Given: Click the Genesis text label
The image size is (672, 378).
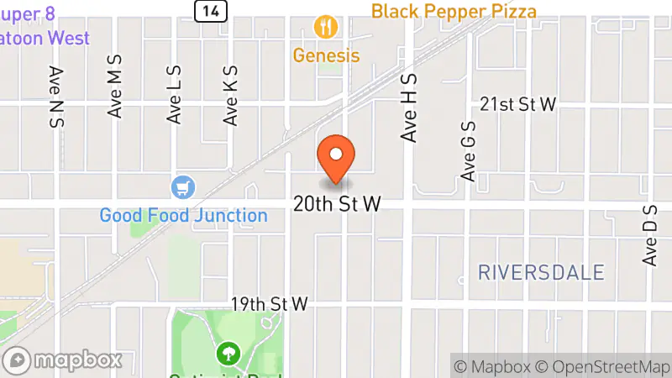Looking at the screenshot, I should click(x=326, y=56).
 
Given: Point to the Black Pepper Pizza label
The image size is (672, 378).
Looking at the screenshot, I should click(x=454, y=11).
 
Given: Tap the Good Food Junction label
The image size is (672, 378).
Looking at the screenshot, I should click(x=183, y=215).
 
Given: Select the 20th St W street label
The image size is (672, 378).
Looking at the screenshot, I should click(x=338, y=204).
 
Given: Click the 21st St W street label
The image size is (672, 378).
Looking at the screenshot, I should click(x=518, y=103).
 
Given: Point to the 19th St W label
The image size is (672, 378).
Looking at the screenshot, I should click(x=270, y=303).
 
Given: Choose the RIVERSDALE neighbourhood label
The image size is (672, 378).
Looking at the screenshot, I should click(x=541, y=272).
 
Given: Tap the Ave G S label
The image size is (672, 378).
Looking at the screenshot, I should click(x=469, y=150).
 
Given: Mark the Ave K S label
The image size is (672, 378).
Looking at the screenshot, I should click(x=231, y=97).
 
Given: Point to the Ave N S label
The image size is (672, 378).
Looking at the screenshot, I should click(x=57, y=97).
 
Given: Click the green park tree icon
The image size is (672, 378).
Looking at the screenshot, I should click(x=226, y=352).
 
